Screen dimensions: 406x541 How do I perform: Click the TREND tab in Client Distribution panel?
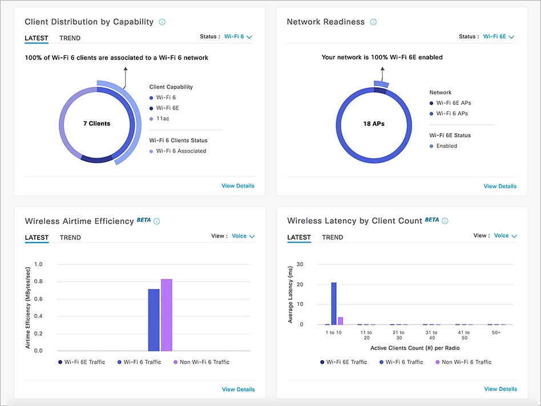(x=70, y=38)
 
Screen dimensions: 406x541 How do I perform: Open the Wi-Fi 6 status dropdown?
(x=238, y=37)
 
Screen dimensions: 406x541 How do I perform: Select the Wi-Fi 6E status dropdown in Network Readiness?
(x=498, y=37)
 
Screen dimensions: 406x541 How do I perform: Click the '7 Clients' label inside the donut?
(x=96, y=123)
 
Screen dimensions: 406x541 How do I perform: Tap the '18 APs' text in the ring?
(x=374, y=123)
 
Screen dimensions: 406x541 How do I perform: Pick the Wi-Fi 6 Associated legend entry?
(x=181, y=151)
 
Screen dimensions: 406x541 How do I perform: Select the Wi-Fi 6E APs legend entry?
(x=453, y=103)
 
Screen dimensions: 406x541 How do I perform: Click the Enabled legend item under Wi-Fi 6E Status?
(x=446, y=146)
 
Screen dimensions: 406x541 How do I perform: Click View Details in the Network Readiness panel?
(x=500, y=186)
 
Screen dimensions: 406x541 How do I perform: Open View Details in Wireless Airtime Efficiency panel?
(x=238, y=389)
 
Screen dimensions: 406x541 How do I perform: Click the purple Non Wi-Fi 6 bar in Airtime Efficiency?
(x=166, y=315)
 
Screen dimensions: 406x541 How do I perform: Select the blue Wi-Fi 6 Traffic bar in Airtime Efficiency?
(x=154, y=320)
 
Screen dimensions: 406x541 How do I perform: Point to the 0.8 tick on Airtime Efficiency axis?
(x=39, y=282)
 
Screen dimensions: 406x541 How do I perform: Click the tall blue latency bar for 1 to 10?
(x=334, y=303)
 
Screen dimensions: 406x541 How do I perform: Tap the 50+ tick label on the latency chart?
(x=496, y=332)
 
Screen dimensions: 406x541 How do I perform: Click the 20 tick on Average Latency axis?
(x=300, y=284)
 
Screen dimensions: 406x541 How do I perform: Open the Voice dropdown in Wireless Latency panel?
(x=505, y=236)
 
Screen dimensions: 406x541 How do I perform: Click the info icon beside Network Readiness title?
(x=373, y=22)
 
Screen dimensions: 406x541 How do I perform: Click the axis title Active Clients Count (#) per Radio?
(x=407, y=348)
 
